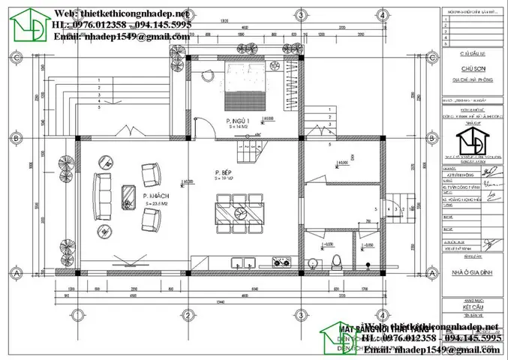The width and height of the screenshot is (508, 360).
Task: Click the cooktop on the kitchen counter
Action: pos(283,263)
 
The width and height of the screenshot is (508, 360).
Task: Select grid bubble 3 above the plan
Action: pos(301,16)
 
